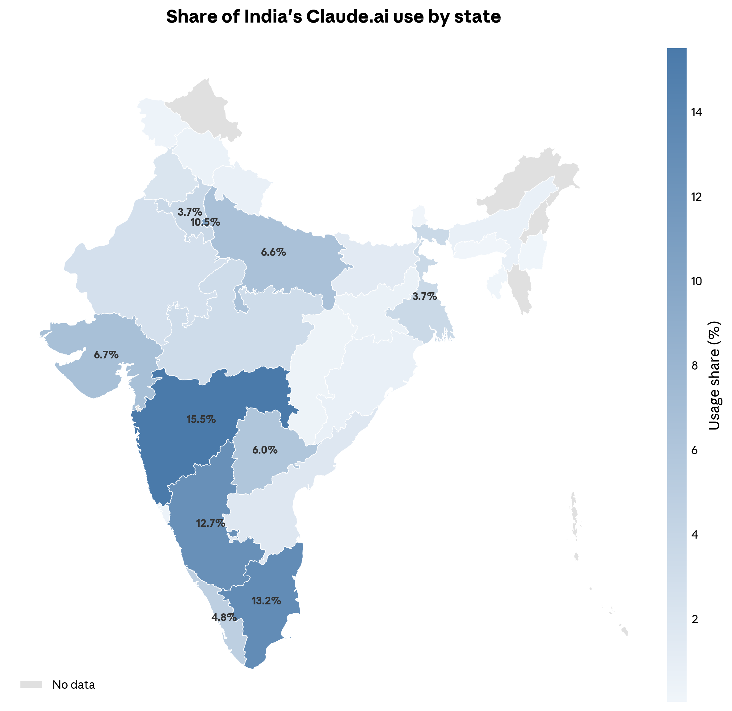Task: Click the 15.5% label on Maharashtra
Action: tap(201, 419)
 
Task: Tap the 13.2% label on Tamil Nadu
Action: tap(266, 601)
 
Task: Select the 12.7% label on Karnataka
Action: tap(210, 523)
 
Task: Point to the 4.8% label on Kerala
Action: tap(224, 617)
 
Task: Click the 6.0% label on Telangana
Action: tap(264, 450)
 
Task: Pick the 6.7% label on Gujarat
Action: tap(106, 354)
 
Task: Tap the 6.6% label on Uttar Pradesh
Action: tap(273, 252)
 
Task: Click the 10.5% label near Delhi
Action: tap(205, 222)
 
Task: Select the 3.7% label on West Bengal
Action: tap(424, 296)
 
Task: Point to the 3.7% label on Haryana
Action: tap(190, 212)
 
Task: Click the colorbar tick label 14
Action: tap(696, 112)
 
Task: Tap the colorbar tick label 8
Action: tap(694, 366)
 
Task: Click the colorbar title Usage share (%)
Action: tap(714, 375)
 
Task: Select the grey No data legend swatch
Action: tap(32, 684)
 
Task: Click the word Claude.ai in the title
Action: tap(347, 17)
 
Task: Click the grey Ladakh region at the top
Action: tap(205, 108)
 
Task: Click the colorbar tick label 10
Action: tap(696, 281)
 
